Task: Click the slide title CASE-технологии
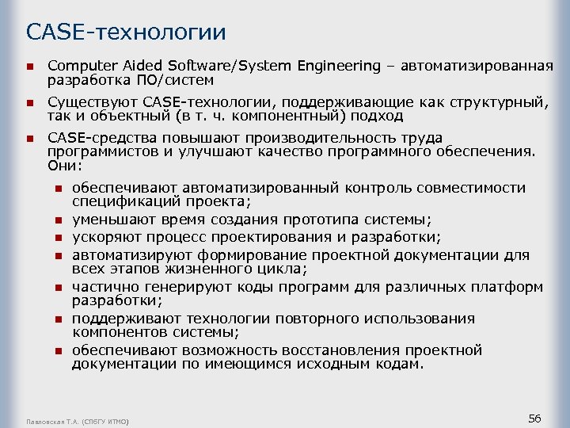[x=126, y=32]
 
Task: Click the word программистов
[x=103, y=152]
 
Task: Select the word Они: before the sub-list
[x=64, y=166]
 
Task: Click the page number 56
[x=534, y=418]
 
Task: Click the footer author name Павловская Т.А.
[x=54, y=420]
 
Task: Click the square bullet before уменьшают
[x=58, y=220]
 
